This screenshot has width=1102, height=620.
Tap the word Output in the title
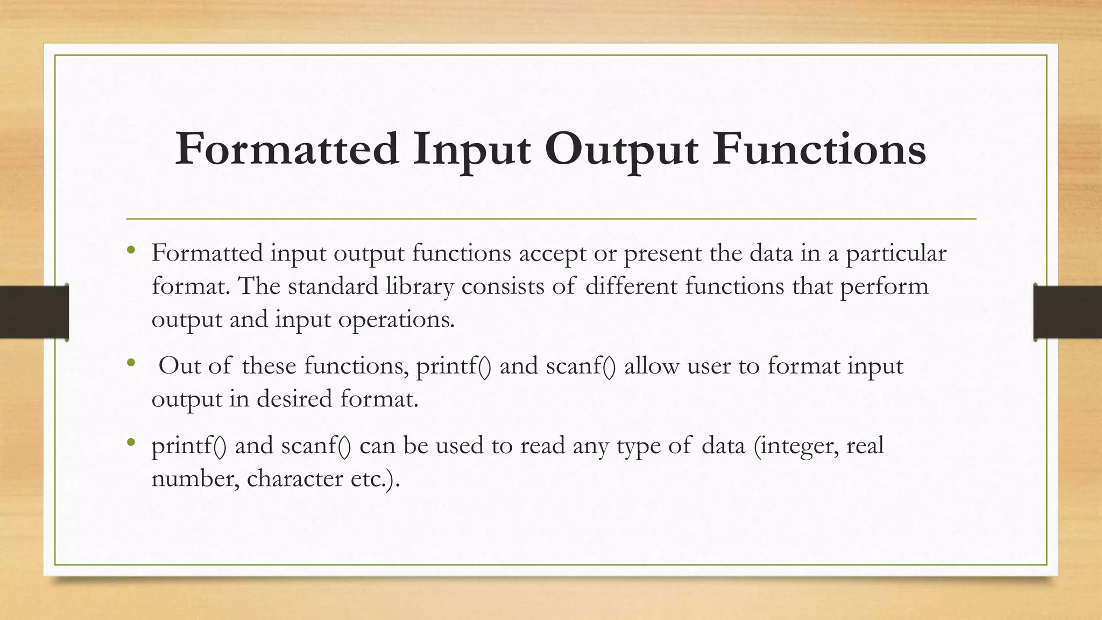(621, 149)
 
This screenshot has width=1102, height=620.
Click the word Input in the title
(471, 149)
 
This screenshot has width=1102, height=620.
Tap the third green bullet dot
(131, 442)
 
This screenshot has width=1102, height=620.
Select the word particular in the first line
(896, 253)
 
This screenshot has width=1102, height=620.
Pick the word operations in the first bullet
(396, 320)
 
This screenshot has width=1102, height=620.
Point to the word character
(294, 479)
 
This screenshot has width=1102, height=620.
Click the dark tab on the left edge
(34, 312)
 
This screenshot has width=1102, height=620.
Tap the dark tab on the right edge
(1068, 312)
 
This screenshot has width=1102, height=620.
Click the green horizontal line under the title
(551, 219)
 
